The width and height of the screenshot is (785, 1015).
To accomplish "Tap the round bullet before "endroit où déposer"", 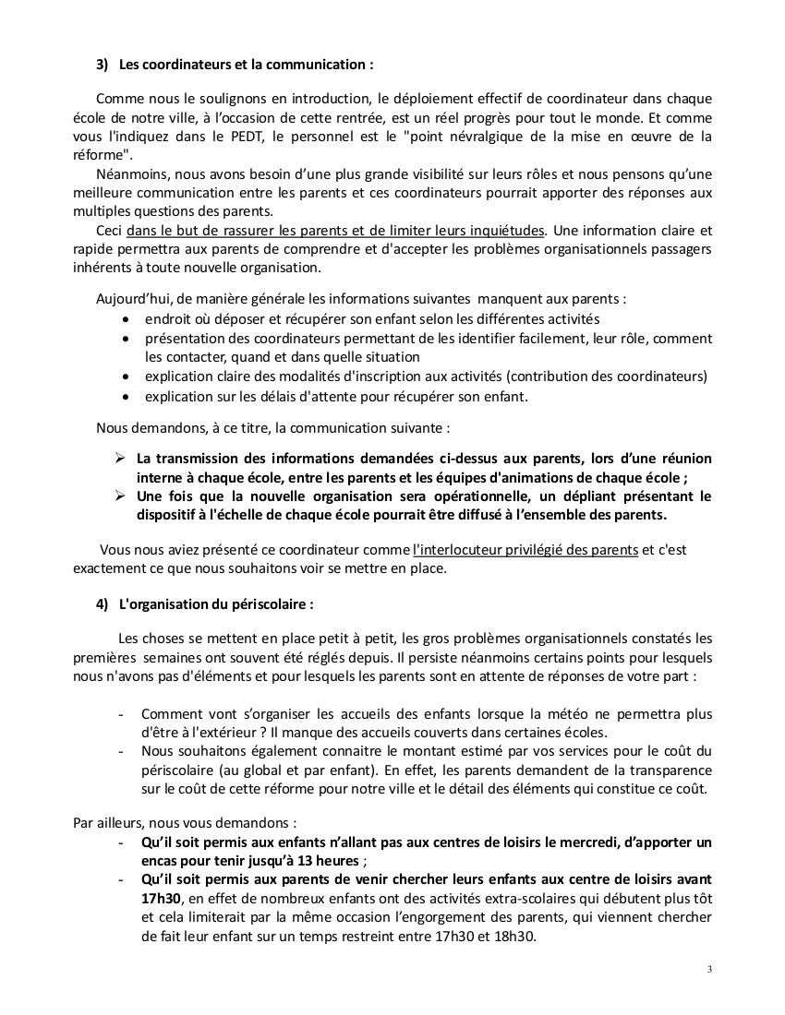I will [127, 318].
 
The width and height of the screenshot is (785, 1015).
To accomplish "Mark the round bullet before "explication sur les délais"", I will [127, 397].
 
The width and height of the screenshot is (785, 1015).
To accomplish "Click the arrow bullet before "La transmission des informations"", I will [119, 458].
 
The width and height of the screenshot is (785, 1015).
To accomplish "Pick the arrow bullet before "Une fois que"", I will [119, 496].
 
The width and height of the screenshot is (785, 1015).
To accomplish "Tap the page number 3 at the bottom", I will [709, 970].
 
